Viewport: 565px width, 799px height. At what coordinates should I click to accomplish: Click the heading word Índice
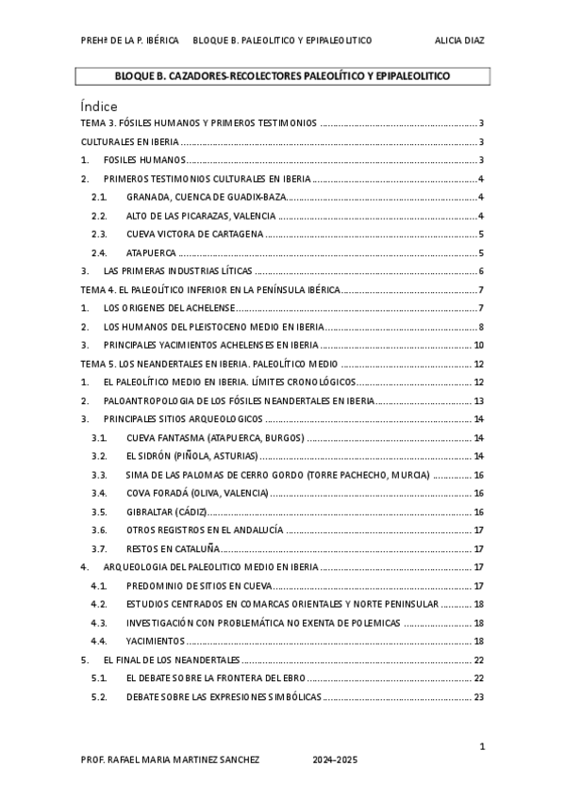pos(99,106)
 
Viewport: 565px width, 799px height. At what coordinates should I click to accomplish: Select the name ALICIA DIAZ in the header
pos(459,41)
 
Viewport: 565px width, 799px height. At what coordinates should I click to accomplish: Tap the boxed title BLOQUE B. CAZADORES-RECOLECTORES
pos(282,75)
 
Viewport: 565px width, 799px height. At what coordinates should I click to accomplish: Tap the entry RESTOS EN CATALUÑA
pos(173,548)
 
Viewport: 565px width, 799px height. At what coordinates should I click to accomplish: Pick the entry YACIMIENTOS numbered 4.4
pos(156,641)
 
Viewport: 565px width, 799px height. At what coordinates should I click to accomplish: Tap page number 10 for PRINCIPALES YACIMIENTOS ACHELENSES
pos(478,345)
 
